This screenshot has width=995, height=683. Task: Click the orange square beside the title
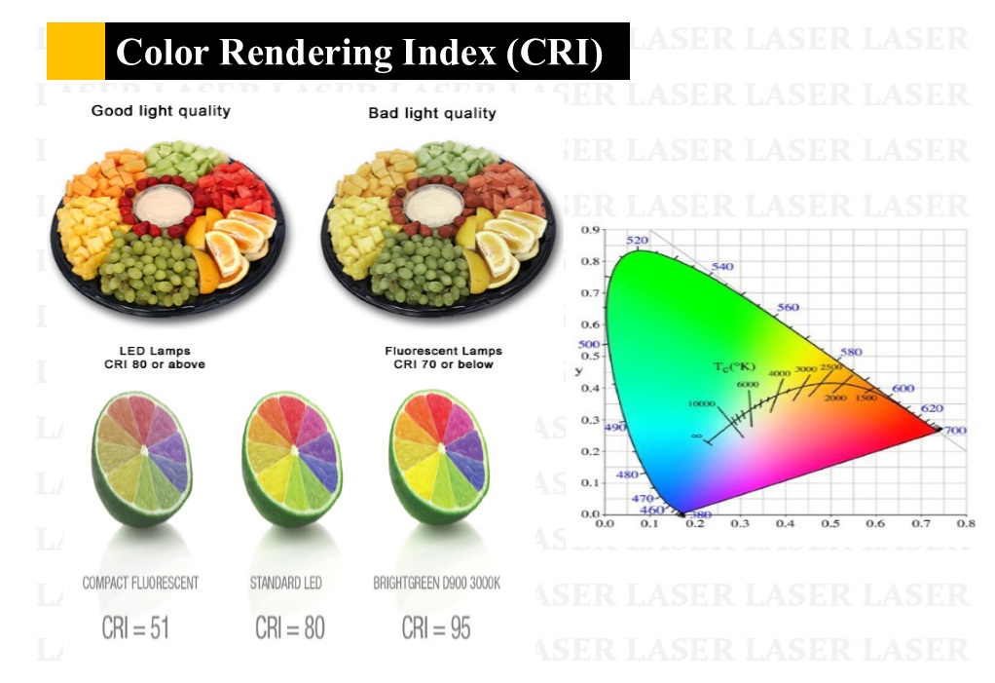[76, 52]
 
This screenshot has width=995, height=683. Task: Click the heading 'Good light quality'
[161, 111]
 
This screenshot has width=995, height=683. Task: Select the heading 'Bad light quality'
[431, 113]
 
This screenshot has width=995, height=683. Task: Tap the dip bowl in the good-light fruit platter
[162, 207]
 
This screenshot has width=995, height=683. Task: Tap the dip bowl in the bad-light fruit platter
[431, 207]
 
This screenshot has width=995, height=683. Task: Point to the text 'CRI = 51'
[135, 628]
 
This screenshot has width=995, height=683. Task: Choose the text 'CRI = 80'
[289, 628]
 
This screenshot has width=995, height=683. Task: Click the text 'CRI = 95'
[436, 628]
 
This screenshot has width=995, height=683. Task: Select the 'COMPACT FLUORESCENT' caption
[140, 583]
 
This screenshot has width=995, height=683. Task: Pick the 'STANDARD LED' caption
[285, 583]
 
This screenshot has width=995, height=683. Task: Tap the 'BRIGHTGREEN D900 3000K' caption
[437, 583]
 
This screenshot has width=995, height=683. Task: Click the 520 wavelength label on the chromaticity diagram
[637, 241]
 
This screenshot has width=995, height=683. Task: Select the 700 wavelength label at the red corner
[955, 430]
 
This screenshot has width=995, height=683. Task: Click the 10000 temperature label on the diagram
[702, 403]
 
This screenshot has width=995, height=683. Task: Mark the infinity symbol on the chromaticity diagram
[696, 436]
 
